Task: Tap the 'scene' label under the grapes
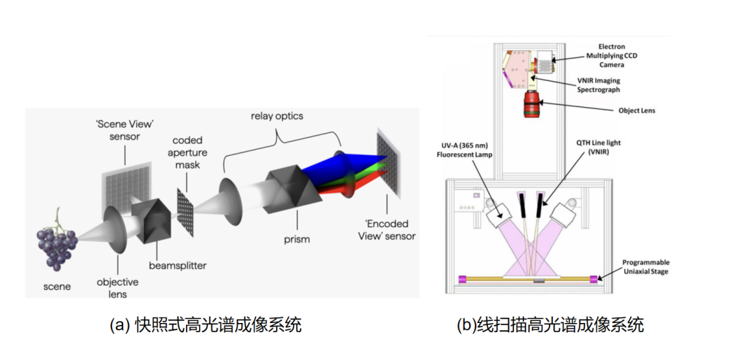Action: click(x=57, y=287)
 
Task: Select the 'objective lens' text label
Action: click(x=117, y=288)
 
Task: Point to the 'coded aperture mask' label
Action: click(x=187, y=153)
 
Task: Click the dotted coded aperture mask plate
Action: click(x=186, y=213)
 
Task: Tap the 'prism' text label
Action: click(x=296, y=238)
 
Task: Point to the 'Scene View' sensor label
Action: click(x=124, y=131)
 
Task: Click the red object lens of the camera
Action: click(x=531, y=104)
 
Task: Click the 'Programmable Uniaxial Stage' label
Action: click(x=646, y=267)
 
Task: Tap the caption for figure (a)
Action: click(x=206, y=325)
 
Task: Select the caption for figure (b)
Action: click(x=550, y=325)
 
